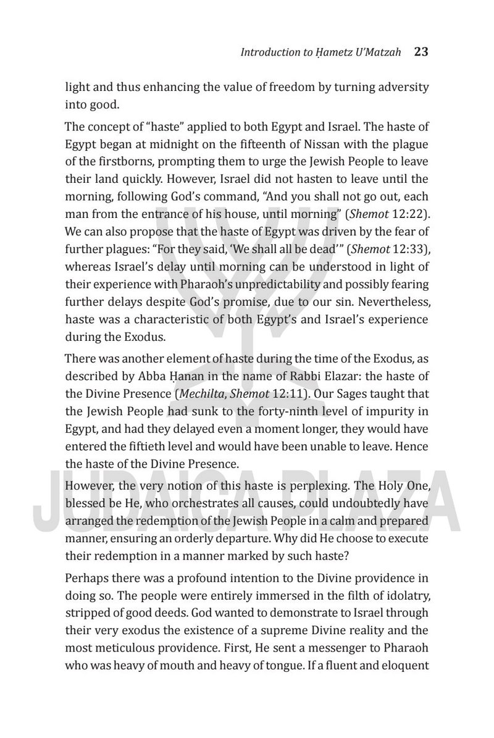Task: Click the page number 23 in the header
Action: (421, 52)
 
